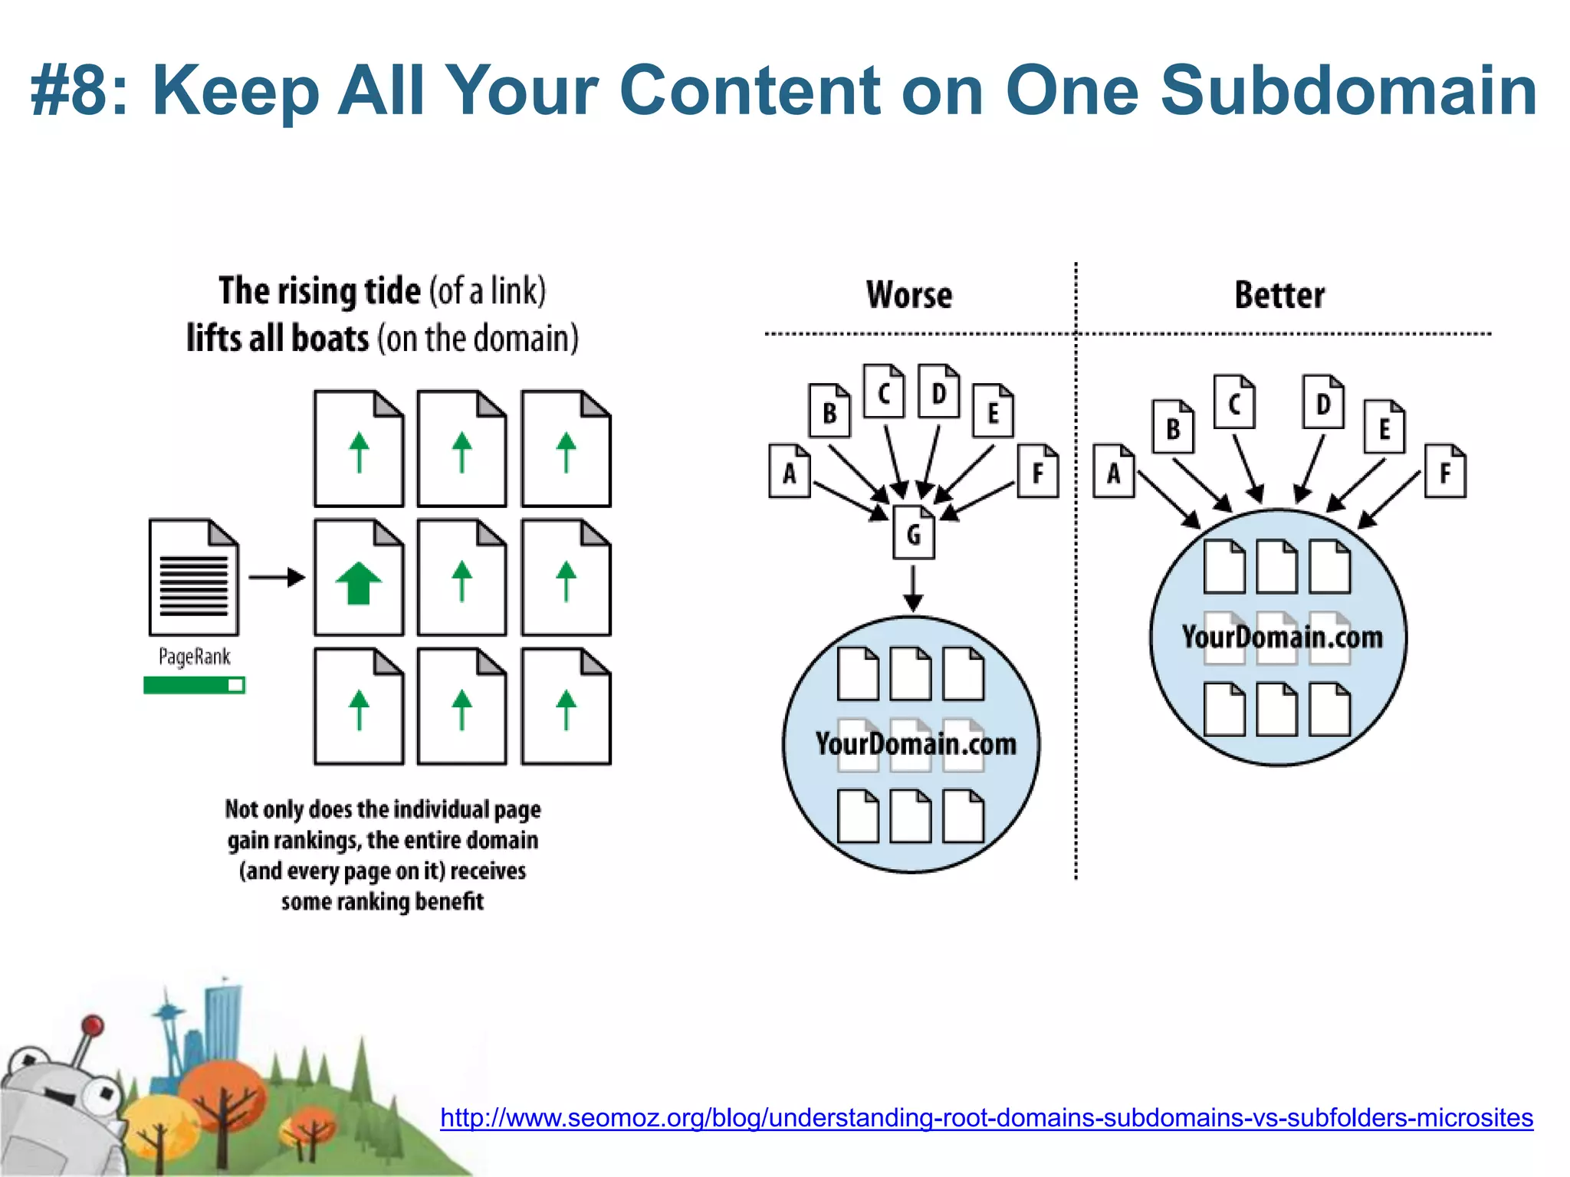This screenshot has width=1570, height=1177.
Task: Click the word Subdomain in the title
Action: [1348, 90]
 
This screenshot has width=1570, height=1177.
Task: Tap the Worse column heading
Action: [909, 296]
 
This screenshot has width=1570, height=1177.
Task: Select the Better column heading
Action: [1279, 296]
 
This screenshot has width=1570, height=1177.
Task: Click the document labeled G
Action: [913, 533]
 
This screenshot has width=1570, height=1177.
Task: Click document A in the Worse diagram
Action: [789, 472]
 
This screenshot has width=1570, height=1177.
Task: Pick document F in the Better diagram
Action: [1445, 472]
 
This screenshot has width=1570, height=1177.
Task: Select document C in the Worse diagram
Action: [883, 392]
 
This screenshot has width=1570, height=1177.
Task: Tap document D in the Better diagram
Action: [1323, 402]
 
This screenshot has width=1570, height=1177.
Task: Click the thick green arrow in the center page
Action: [358, 583]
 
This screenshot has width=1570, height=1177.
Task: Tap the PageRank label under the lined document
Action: [194, 657]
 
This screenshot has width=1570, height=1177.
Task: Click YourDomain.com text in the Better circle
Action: [1282, 638]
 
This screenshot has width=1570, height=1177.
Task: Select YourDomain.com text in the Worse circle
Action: [915, 744]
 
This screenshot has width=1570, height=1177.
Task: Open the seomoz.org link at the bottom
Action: [987, 1117]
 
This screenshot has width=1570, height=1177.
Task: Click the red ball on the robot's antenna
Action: [93, 1025]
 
